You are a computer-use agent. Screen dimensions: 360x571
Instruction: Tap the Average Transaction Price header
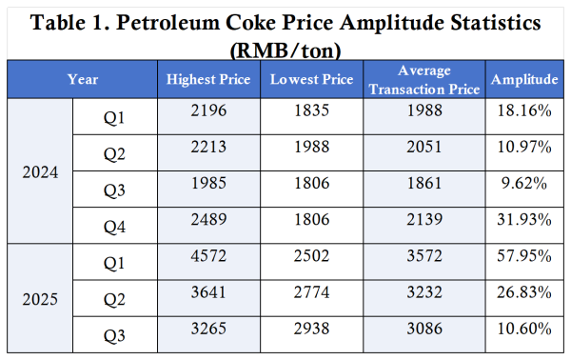426,80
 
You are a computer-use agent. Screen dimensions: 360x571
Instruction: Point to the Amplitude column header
523,80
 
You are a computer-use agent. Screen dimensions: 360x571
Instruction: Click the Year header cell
82,80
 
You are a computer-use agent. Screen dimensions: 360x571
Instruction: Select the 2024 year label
41,173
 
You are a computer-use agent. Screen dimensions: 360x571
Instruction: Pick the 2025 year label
41,298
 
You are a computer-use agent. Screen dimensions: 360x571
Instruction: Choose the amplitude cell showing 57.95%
523,262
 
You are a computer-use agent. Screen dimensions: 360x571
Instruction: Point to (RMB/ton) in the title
285,47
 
